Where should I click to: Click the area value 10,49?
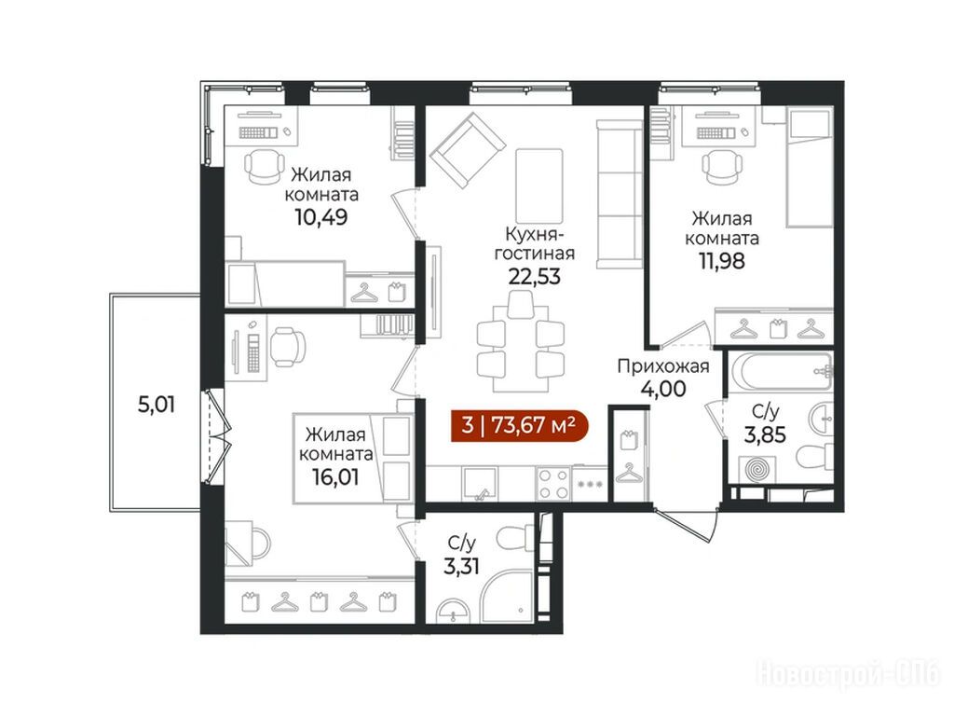tap(321, 216)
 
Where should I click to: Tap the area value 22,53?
tap(534, 276)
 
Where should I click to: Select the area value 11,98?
tap(722, 261)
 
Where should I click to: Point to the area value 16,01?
tap(335, 476)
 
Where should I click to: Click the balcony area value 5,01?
tap(157, 405)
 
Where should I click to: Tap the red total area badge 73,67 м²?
tap(520, 424)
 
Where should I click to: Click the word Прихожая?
tap(663, 366)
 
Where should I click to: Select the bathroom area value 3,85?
tap(765, 434)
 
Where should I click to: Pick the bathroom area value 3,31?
tap(461, 566)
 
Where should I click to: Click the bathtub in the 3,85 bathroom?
tap(782, 371)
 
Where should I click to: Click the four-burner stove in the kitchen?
tap(553, 484)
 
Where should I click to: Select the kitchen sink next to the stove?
tap(480, 485)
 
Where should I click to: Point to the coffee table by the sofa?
tap(539, 186)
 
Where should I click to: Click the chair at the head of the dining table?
tap(520, 305)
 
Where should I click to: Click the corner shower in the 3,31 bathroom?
tap(506, 596)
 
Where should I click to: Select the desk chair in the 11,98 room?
tap(722, 165)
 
